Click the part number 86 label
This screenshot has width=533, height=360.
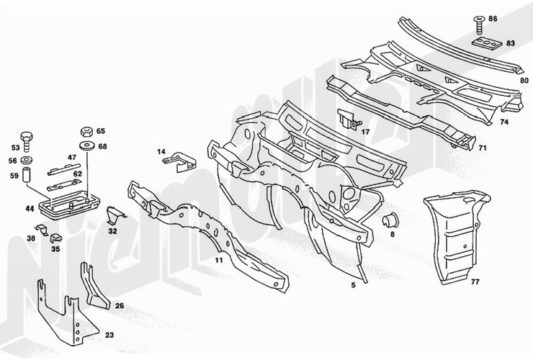pos(493,18)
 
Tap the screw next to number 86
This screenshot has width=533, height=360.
pos(479,24)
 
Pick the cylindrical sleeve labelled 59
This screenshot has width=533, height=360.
pos(27,175)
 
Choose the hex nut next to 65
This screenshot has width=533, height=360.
pos(86,132)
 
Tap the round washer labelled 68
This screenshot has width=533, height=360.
pos(86,146)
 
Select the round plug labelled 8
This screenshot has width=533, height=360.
pos(390,220)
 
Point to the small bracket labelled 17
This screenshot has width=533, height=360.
pos(347,120)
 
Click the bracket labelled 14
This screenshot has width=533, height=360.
pos(179,162)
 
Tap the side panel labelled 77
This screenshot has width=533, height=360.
pos(456,235)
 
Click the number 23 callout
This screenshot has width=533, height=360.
pos(109,336)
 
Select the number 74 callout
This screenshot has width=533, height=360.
pos(504,122)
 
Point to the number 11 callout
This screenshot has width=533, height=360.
pos(218,260)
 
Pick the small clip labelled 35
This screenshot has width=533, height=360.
pos(55,238)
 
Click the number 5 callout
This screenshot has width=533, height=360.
pos(353,285)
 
